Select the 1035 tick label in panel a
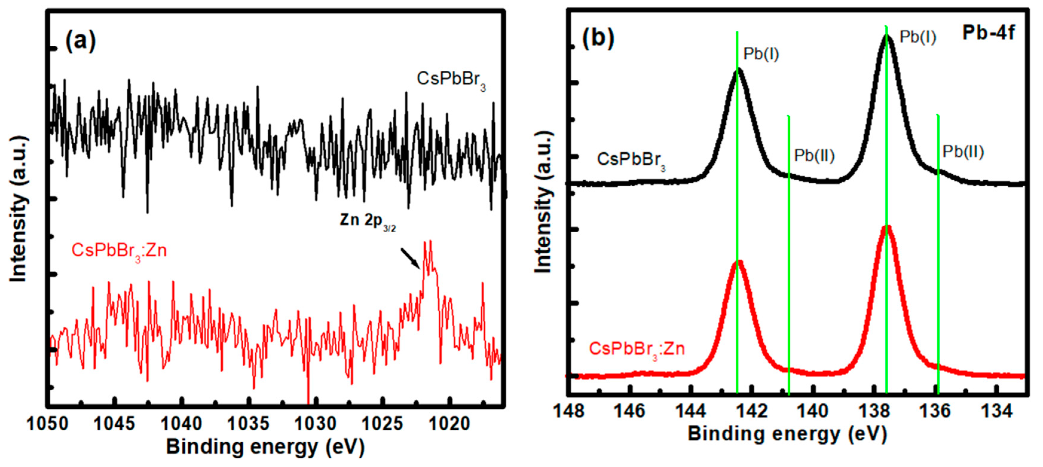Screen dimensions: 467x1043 pos(248,424)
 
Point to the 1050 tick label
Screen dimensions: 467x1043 pos(48,424)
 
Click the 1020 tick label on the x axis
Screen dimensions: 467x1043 pos(449,424)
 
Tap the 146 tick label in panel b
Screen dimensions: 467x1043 pos(629,411)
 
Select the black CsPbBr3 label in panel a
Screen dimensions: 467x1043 pos(451,80)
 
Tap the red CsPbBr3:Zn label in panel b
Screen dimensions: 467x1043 pos(636,349)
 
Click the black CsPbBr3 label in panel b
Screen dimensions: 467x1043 pos(631,160)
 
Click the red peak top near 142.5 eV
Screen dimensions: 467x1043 pos(739,262)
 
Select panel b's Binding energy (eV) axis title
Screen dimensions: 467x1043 pos(788,434)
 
